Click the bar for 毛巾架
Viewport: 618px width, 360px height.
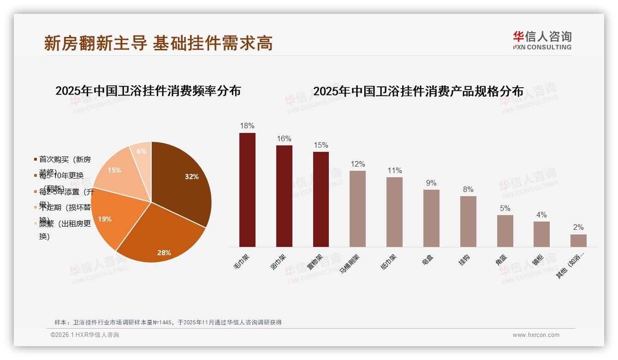pos(247,190)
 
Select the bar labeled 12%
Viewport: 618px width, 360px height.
pos(357,209)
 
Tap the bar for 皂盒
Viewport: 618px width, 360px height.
pos(431,218)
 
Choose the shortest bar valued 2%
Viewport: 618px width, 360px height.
pos(578,240)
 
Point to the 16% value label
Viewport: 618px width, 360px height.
pos(284,138)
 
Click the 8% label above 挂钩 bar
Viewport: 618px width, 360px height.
pos(468,189)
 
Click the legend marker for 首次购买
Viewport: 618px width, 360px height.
pos(36,160)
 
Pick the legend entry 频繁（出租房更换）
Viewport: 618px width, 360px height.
pos(65,230)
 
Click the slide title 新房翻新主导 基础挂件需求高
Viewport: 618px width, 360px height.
pos(158,43)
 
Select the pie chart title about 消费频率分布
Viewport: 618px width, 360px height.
pos(148,91)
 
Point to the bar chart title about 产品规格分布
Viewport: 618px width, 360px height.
pos(418,91)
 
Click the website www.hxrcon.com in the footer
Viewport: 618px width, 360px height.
pos(536,335)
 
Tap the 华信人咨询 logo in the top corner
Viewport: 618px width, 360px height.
pos(542,40)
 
